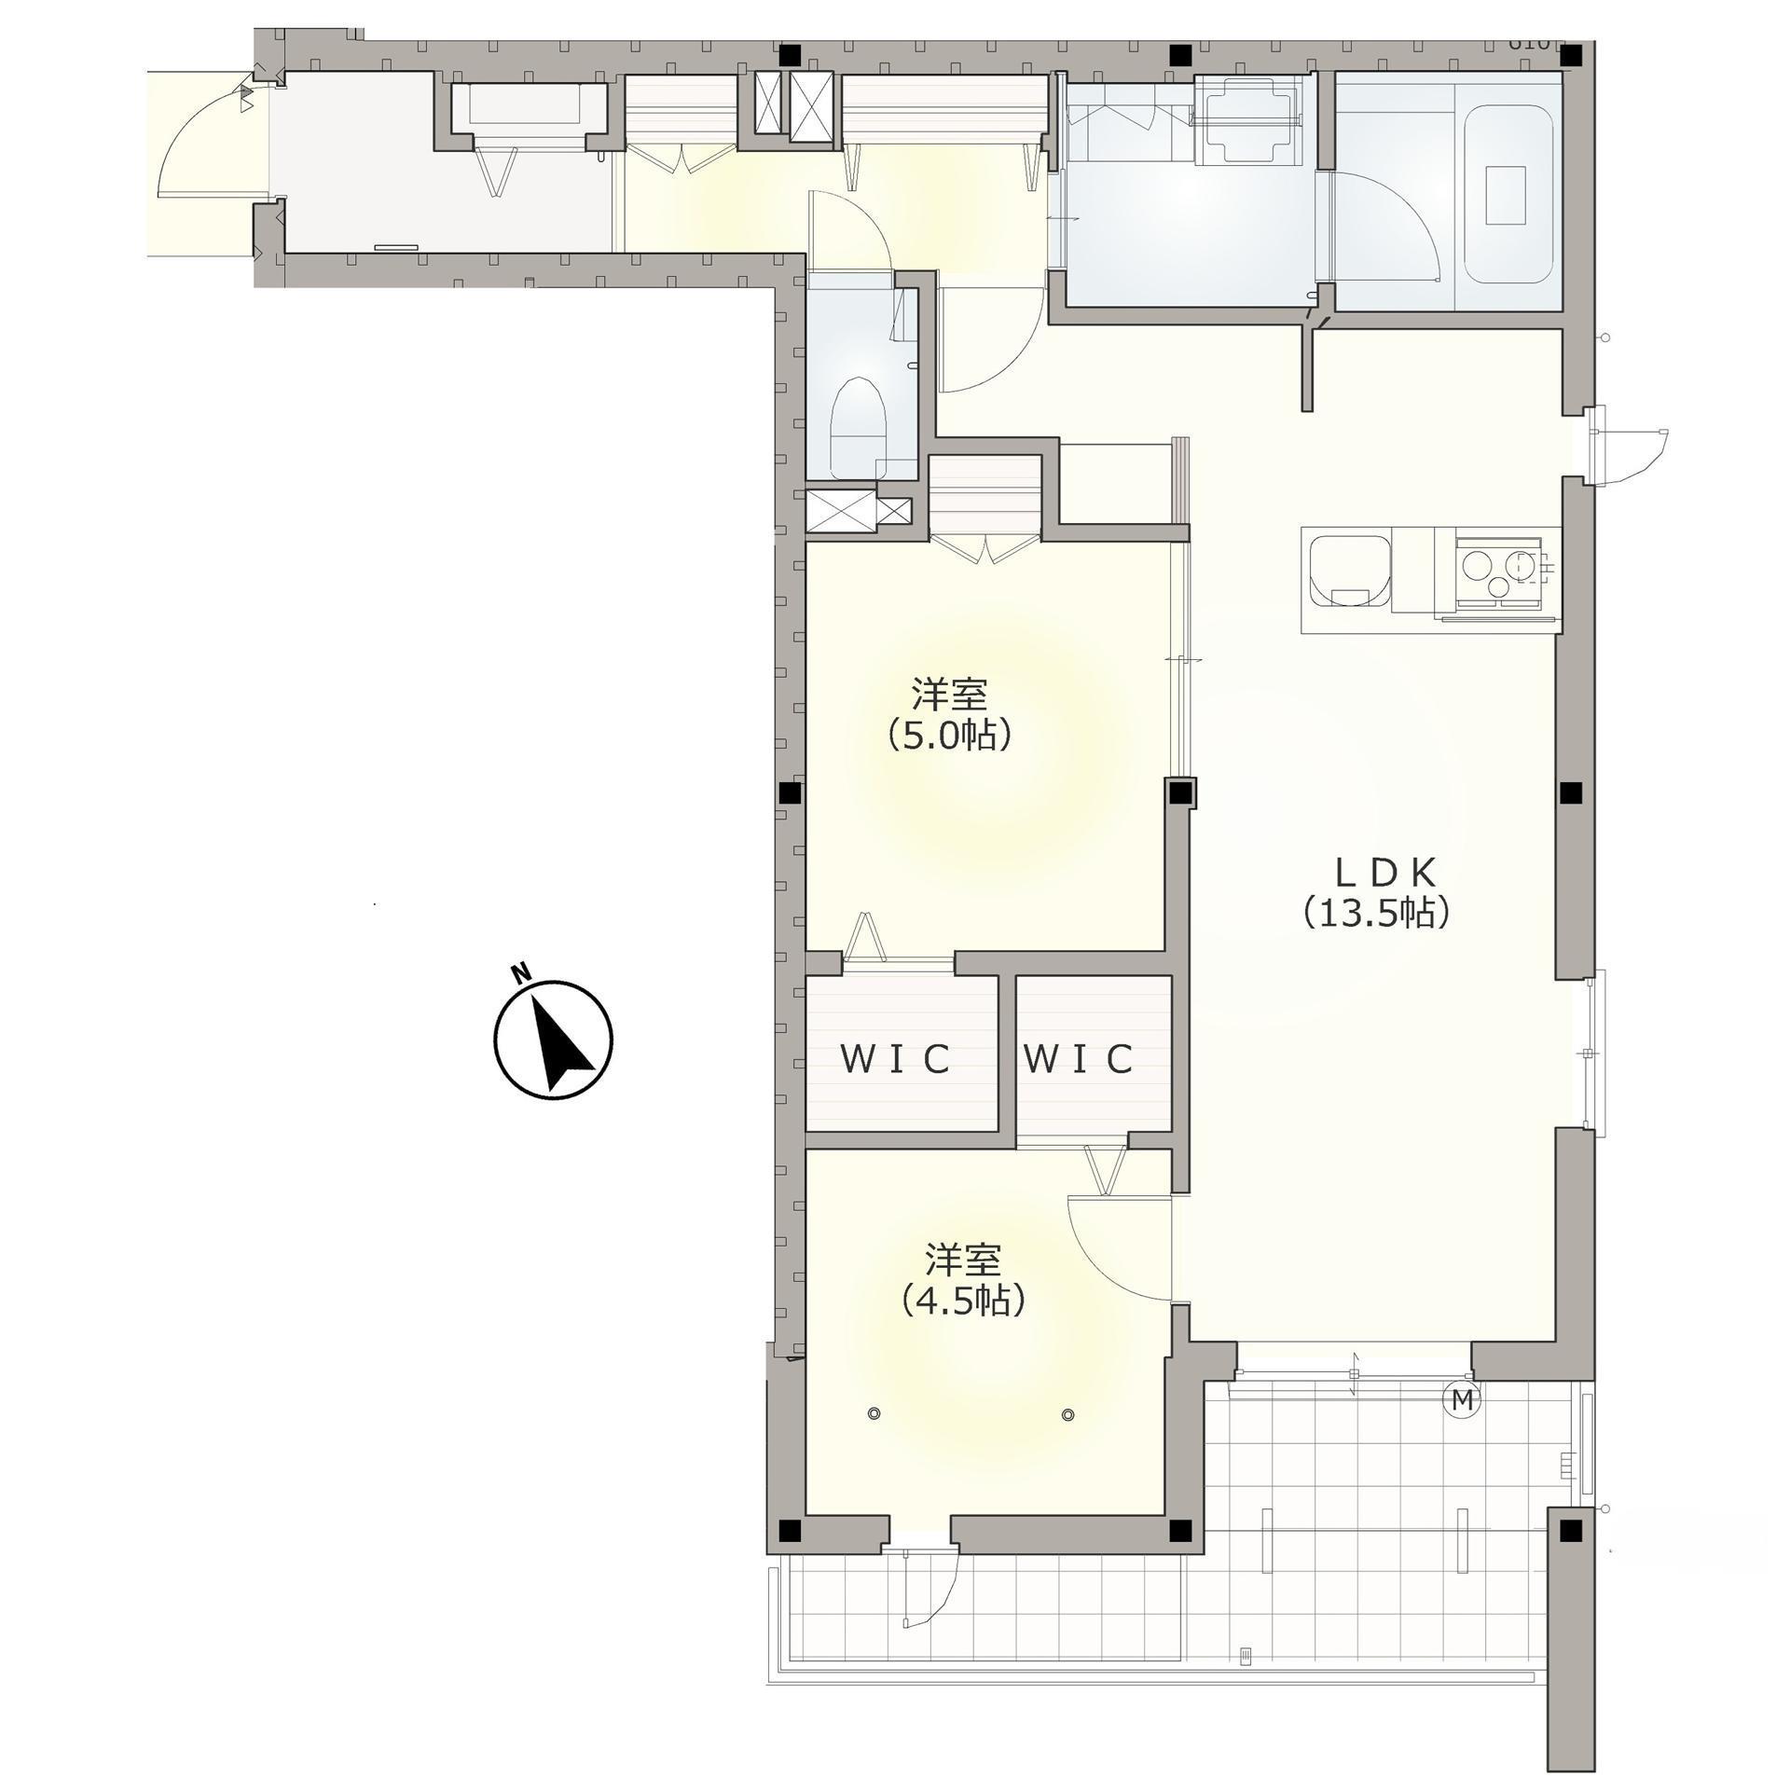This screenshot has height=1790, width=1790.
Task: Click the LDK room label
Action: (1375, 873)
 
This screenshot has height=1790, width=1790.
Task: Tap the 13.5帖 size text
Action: (1376, 913)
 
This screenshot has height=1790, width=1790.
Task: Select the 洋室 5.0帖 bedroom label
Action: (950, 715)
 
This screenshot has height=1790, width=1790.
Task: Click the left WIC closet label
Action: (896, 1058)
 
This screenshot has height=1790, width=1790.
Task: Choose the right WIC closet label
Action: (1078, 1058)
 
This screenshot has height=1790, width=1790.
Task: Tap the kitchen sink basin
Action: (1345, 569)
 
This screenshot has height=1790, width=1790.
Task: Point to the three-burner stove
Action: (1497, 573)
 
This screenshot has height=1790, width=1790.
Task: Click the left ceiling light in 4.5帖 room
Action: (874, 1414)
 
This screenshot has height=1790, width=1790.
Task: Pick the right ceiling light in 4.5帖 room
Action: (1067, 1414)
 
